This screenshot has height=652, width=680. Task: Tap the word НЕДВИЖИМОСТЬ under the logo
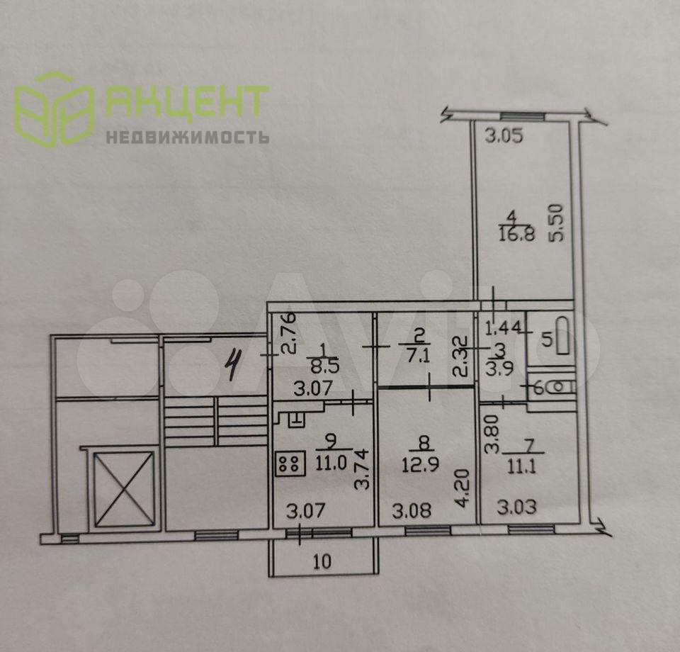tap(188, 137)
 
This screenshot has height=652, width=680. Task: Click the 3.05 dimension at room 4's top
tap(507, 135)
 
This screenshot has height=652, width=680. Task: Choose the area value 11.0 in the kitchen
tap(326, 463)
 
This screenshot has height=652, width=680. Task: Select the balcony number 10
tap(322, 563)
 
